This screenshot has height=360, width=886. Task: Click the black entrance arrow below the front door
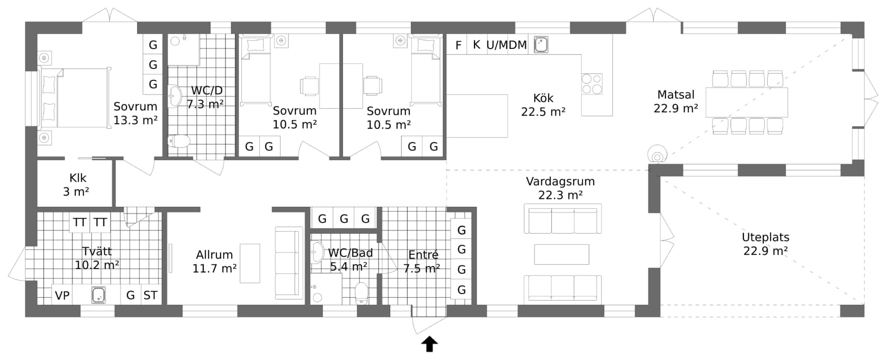pos(430,344)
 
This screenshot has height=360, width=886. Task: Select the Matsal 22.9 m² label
pos(676,102)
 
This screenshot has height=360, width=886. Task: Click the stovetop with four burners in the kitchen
pos(592,84)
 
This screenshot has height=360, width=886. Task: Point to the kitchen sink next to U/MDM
pos(541,45)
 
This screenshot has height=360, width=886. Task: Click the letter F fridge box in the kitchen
pos(458,45)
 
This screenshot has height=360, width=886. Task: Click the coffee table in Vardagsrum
pos(562,254)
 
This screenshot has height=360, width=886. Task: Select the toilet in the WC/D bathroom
pos(179,141)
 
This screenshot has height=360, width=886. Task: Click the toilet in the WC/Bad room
pos(361,293)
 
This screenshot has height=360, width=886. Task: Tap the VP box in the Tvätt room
pos(62,295)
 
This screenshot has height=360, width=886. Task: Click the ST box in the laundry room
pos(150,295)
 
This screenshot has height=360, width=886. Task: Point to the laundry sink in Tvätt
pos(98,295)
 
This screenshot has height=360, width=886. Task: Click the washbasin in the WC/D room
pos(175,96)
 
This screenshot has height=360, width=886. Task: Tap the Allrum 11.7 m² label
pos(215,261)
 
